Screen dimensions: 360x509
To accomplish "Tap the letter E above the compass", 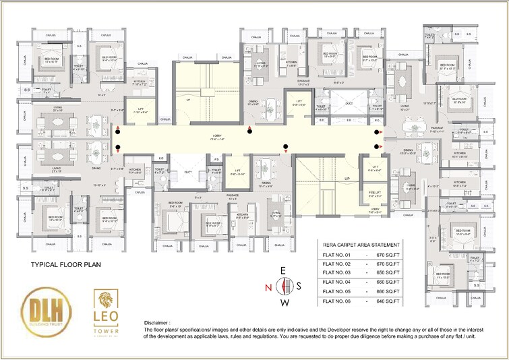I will [x=285, y=270].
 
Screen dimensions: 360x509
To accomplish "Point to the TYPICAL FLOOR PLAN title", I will [x=66, y=265].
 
